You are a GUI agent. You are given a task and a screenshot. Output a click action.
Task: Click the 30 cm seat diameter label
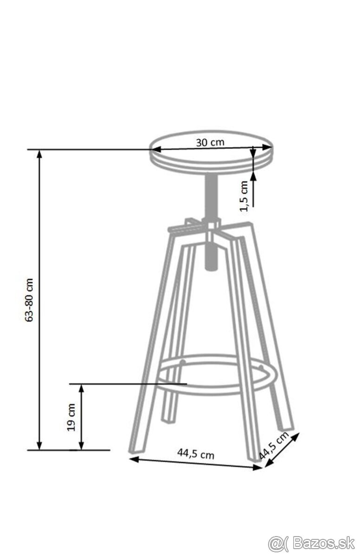[210, 142]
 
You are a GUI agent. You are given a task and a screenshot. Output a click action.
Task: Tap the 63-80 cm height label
[29, 300]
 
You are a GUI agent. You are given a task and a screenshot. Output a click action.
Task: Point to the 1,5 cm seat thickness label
[244, 196]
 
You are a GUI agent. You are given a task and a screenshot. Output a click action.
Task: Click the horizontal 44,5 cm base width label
[196, 454]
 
